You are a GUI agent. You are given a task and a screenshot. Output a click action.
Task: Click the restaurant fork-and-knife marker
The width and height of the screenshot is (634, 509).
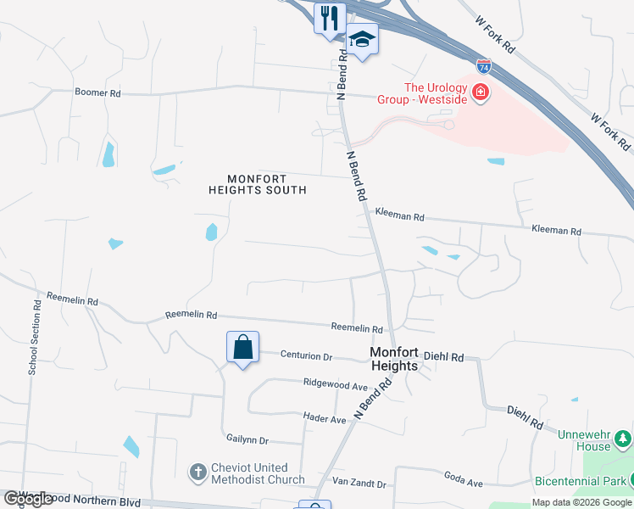pos(330,17)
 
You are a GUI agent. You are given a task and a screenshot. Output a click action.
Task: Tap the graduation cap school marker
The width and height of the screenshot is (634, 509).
pos(362,39)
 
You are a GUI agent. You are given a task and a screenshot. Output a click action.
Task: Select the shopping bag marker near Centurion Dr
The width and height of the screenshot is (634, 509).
pos(242,347)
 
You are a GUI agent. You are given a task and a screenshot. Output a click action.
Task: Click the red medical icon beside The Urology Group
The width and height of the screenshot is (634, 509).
pos(481,91)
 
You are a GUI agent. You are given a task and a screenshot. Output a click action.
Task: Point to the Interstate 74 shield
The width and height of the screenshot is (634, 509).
pos(483,64)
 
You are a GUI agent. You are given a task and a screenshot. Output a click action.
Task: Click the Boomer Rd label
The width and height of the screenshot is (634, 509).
pos(98,92)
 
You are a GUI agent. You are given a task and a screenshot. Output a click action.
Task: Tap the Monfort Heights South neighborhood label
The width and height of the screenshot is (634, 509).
pos(257,184)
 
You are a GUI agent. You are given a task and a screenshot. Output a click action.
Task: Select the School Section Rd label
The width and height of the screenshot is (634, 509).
pos(34,337)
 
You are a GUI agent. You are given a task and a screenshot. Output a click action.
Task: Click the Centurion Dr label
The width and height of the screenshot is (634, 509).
pos(306,357)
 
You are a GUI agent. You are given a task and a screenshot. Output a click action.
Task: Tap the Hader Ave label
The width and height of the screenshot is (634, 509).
pos(325,419)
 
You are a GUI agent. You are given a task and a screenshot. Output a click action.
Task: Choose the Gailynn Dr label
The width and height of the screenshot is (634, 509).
pos(247,439)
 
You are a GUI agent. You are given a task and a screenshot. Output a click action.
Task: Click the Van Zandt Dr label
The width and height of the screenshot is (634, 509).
pos(359,484)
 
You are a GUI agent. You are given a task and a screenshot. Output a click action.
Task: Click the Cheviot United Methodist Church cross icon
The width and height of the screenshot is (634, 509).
pos(197,473)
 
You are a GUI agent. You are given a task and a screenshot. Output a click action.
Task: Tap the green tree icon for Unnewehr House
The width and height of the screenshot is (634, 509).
pos(623,439)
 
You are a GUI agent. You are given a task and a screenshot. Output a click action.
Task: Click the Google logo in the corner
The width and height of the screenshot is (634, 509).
pos(28,499)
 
